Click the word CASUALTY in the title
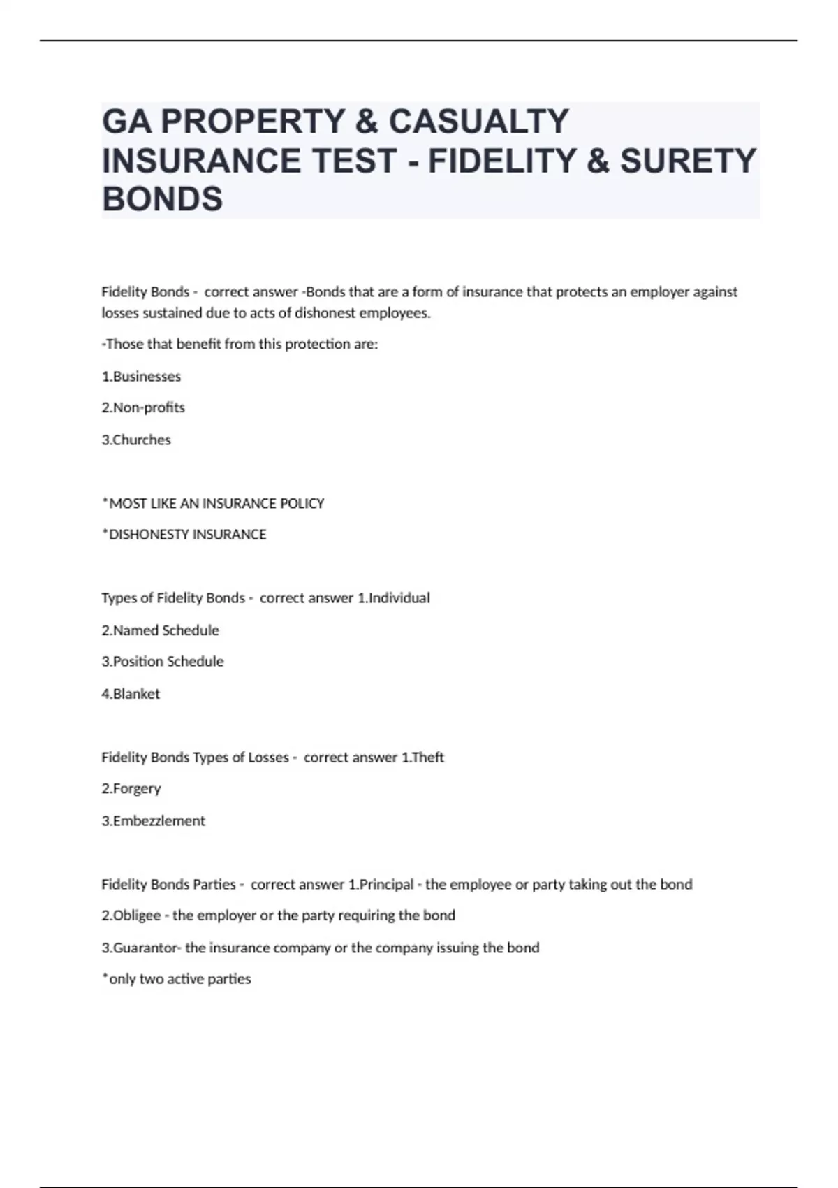(x=478, y=122)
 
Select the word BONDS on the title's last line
(x=163, y=199)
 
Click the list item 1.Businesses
(x=141, y=377)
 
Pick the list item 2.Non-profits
(x=143, y=407)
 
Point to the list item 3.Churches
(x=136, y=440)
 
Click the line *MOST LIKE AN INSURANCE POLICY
(x=213, y=504)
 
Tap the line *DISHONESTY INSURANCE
(x=184, y=535)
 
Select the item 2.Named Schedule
(x=161, y=630)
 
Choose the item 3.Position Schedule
(x=163, y=662)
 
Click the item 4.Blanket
(x=131, y=694)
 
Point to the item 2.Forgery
(x=131, y=789)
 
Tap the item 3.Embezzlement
(x=154, y=821)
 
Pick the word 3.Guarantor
(x=142, y=948)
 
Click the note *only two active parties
(x=177, y=979)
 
